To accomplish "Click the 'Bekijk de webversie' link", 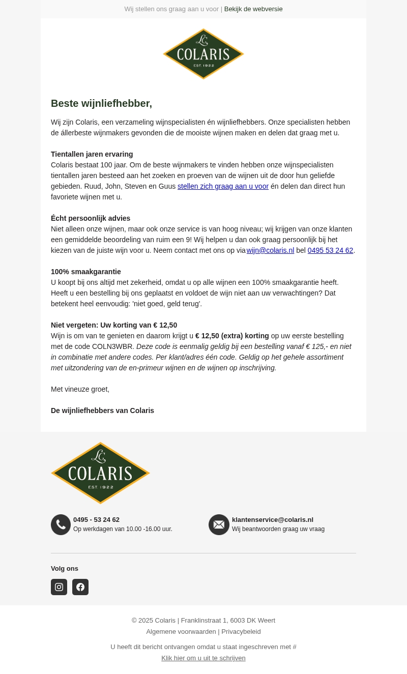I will (253, 9).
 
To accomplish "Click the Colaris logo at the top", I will (203, 54).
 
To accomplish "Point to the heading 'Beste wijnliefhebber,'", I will (101, 103).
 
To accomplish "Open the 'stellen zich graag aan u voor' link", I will (223, 186).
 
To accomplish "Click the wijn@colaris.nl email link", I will (270, 250).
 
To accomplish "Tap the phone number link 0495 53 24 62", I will (330, 250).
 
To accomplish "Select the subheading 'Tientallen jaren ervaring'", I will (92, 154).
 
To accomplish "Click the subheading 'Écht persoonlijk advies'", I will (91, 218).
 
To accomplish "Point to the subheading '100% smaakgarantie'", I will (86, 272).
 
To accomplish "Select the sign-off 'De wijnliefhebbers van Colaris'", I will (102, 411).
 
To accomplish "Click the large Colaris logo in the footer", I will (100, 473).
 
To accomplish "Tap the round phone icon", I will (61, 524).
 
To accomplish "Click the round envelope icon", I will (219, 524).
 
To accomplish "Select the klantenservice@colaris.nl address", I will (273, 519).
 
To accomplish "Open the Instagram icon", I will (59, 587).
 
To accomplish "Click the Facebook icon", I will (80, 587).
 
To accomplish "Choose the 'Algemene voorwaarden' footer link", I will (181, 631).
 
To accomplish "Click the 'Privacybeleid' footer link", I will (241, 631).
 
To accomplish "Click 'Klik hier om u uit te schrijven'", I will (203, 658).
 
